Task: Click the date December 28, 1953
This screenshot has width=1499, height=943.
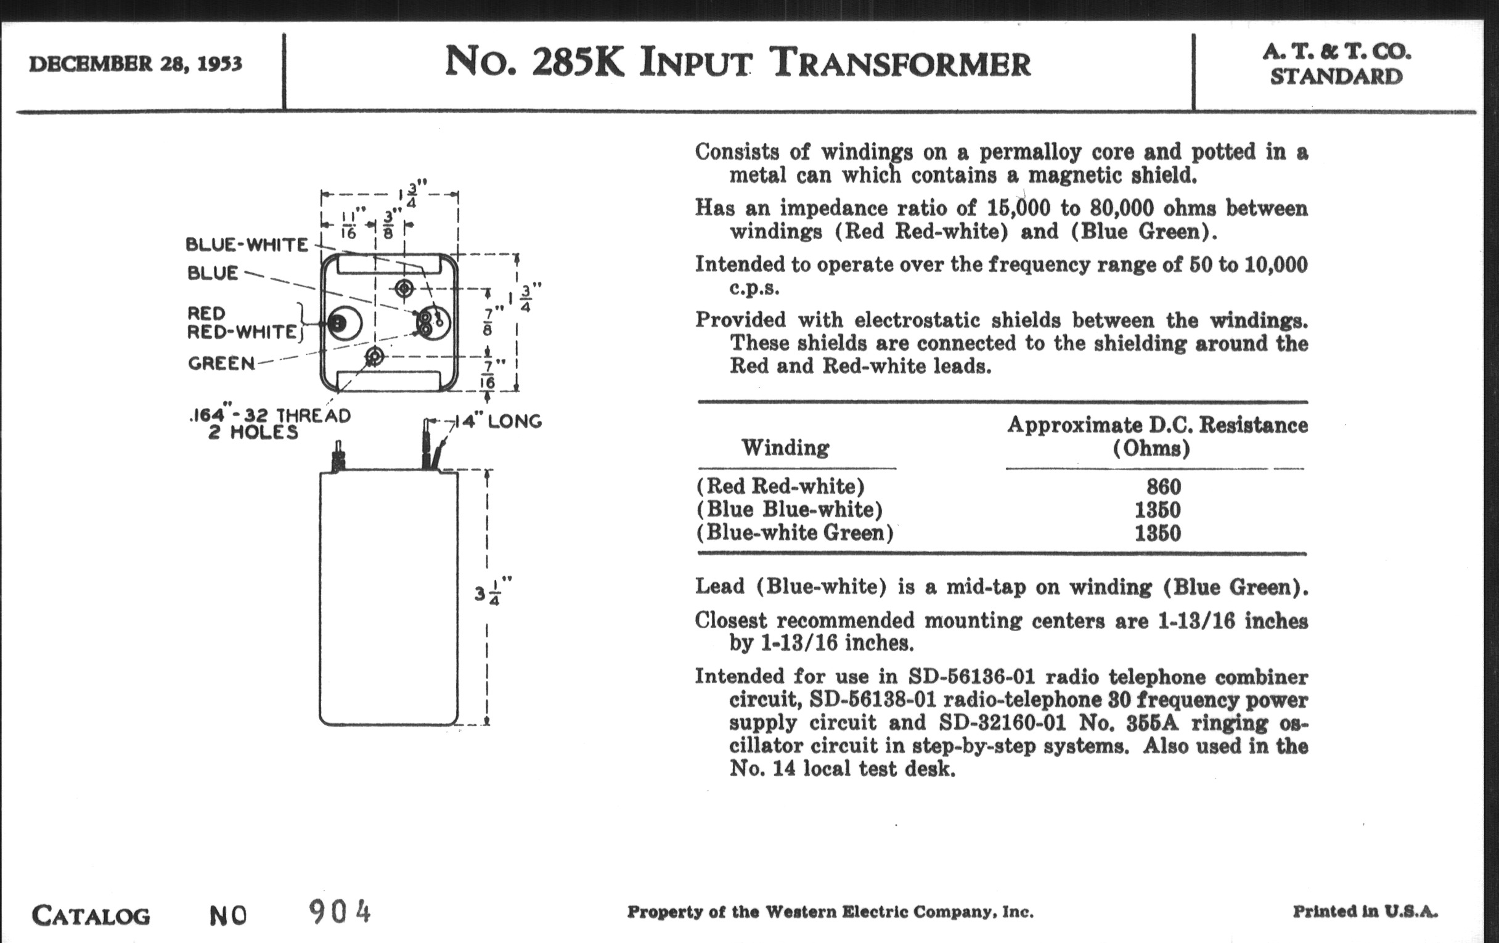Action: tap(135, 63)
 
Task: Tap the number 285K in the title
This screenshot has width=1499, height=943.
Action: tap(578, 62)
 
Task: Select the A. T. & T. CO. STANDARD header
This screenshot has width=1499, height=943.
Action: tap(1336, 63)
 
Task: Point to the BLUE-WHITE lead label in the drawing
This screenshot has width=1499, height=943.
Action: tap(247, 245)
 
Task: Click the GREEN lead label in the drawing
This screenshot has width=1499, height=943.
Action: tap(222, 363)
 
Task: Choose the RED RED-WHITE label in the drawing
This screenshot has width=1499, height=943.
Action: tap(242, 322)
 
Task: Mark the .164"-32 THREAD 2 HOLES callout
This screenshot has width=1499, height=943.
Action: tap(269, 424)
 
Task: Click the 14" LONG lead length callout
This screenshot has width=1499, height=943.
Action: tap(499, 422)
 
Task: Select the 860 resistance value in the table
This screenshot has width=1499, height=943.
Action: tap(1164, 486)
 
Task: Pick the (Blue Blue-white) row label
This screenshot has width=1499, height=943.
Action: tap(790, 509)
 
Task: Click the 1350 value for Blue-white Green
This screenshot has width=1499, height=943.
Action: tap(1158, 533)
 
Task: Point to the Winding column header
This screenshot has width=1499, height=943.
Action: tap(785, 447)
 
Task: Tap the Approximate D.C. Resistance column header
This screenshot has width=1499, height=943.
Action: tap(1158, 436)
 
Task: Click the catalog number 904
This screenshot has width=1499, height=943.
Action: tap(339, 913)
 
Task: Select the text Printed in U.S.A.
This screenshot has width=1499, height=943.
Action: tap(1365, 912)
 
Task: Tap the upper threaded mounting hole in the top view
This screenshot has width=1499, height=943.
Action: tap(404, 288)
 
